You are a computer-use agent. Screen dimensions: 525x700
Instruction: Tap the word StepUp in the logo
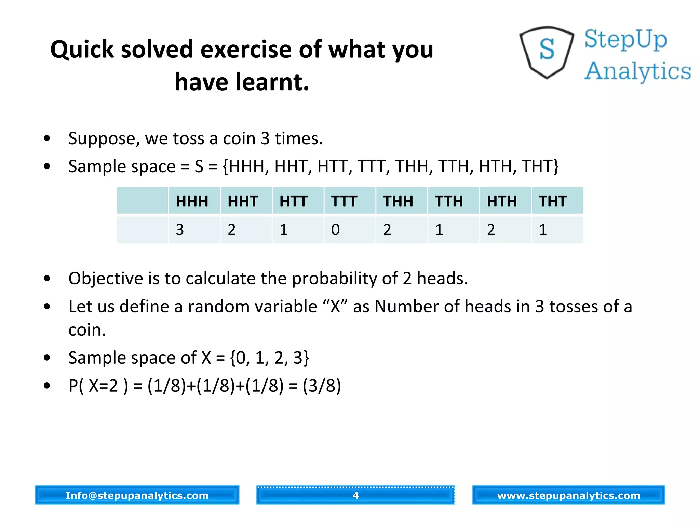(x=625, y=39)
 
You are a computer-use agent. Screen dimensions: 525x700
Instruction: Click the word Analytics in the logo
(x=637, y=71)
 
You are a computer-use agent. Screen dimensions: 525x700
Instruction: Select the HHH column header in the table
(x=192, y=201)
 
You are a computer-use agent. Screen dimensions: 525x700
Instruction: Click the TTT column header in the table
(x=344, y=201)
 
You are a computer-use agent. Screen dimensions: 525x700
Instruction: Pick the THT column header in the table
(x=553, y=201)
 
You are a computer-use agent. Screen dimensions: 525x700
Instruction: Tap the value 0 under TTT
(x=336, y=229)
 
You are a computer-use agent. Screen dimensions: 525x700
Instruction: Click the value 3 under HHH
(x=180, y=229)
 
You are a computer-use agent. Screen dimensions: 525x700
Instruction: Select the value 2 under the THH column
(x=387, y=229)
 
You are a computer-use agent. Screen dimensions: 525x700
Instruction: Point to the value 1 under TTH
(x=439, y=229)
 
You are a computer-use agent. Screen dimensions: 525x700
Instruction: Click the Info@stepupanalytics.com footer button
(x=137, y=495)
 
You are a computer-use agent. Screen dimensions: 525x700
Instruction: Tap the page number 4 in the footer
(x=355, y=495)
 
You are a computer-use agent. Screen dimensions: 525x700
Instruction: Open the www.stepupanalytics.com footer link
(x=568, y=495)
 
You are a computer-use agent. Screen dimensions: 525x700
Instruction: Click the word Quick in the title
(x=82, y=50)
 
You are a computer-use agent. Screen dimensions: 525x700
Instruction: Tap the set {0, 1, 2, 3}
(x=270, y=358)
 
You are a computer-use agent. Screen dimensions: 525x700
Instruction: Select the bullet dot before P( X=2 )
(x=47, y=386)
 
